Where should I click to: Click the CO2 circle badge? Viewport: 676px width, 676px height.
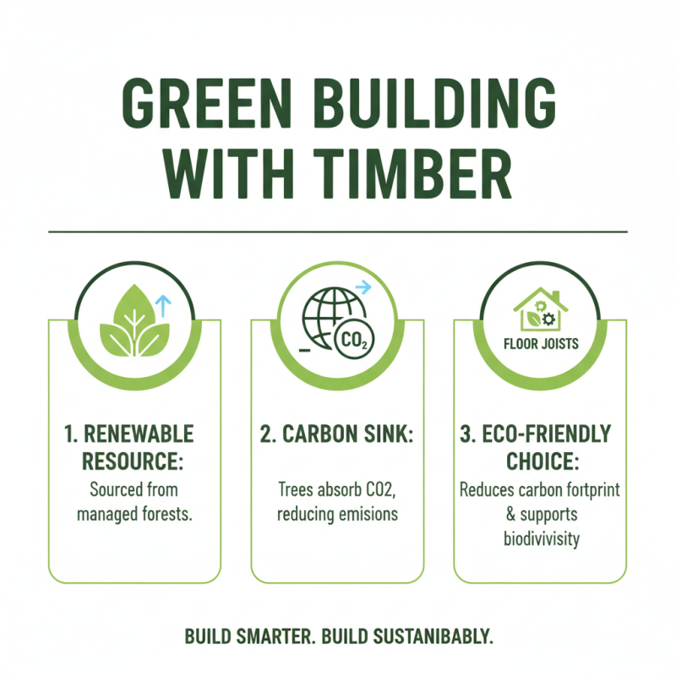coord(354,341)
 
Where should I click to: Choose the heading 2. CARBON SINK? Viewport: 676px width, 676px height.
coord(337,435)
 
